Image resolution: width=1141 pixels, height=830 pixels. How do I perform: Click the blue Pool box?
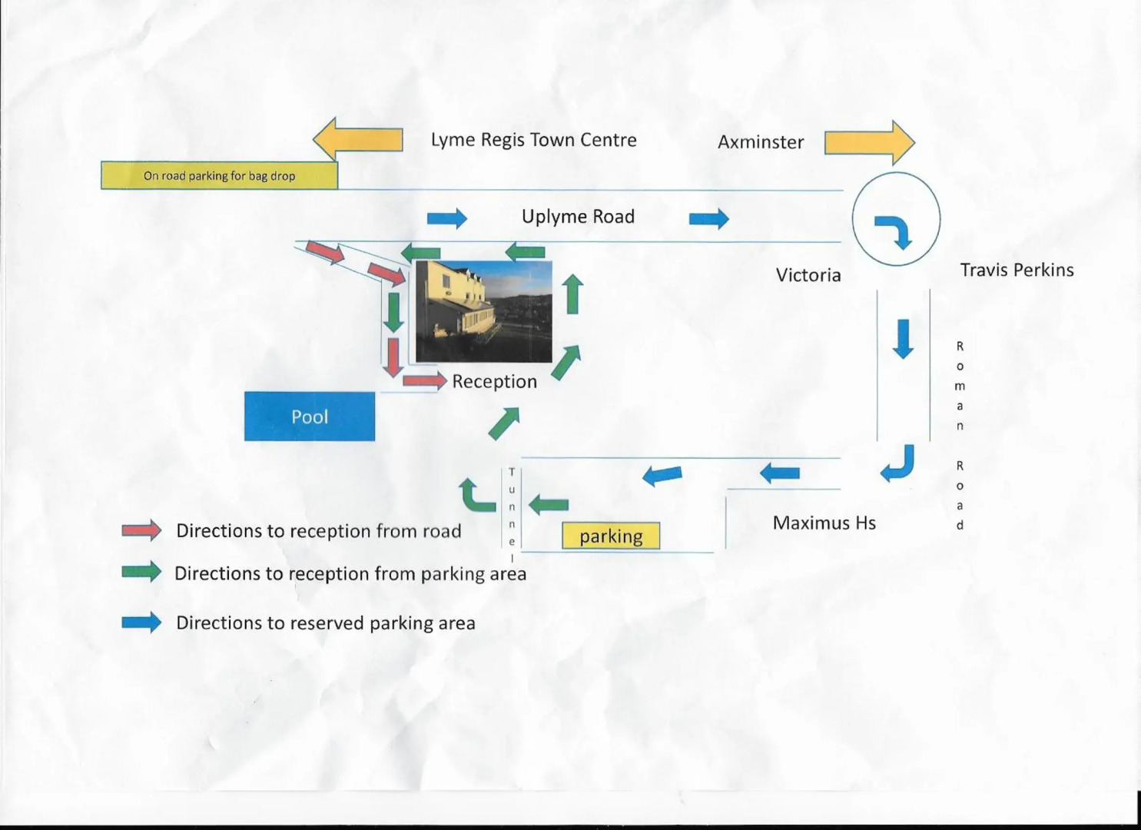coord(310,417)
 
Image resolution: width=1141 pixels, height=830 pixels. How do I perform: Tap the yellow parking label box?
coord(611,536)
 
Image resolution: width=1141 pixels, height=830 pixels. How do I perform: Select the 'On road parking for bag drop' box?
coord(219,175)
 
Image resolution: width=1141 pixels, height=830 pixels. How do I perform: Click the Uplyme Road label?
coord(578,217)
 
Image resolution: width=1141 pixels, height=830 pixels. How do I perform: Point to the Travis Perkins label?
coord(1017,270)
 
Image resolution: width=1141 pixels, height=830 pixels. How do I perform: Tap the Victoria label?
coord(808,275)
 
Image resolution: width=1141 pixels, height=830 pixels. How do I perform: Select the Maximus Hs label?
coord(824,523)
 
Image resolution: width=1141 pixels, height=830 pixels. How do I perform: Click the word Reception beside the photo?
coord(494,381)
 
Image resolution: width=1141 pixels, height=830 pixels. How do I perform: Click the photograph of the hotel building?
coord(483,311)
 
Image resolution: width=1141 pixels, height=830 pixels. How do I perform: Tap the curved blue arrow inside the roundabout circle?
coord(894,231)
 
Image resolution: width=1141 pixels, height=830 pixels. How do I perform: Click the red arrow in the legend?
coord(141,530)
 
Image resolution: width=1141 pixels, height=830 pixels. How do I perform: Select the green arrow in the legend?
coord(141,572)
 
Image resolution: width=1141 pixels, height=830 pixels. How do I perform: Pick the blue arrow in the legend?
coord(141,622)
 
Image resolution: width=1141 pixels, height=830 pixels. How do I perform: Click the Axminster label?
coord(761,142)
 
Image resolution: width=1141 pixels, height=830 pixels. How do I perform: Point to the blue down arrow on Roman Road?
coord(903,338)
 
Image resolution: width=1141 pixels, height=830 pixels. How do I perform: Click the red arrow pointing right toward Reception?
coord(424,380)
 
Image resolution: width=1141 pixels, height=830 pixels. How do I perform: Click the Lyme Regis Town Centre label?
coord(533,140)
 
